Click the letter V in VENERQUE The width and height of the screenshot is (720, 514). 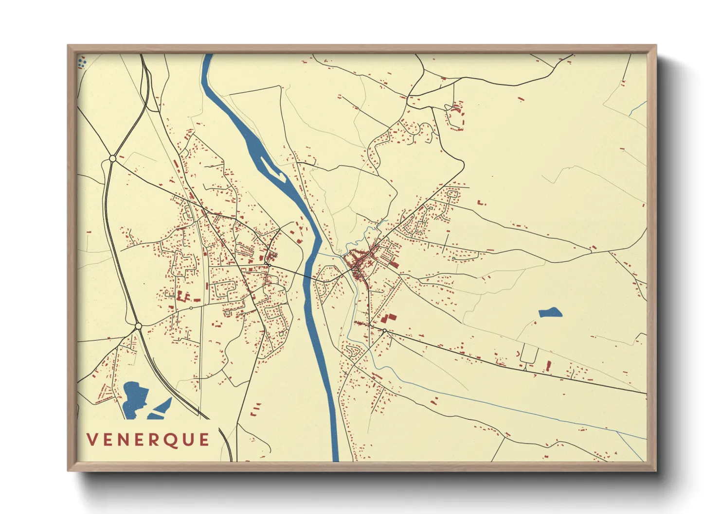[x=92, y=440]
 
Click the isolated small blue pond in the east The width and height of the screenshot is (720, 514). [x=550, y=312]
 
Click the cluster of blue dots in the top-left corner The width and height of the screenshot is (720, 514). [x=82, y=62]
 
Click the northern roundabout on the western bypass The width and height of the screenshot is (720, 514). [x=113, y=158]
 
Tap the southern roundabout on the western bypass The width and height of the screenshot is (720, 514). [x=138, y=326]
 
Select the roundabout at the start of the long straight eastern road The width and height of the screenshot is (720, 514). [x=385, y=331]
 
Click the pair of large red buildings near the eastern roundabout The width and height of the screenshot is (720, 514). [x=389, y=318]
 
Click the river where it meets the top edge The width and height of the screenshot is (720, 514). [x=208, y=55]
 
